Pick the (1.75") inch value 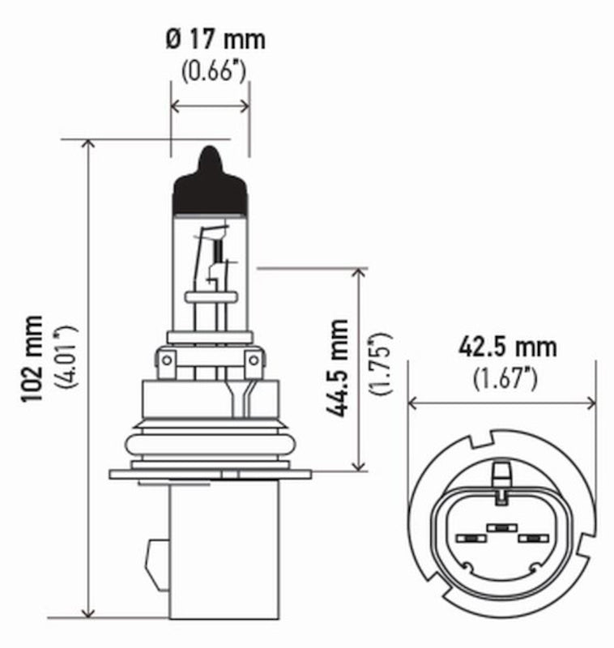point(379,364)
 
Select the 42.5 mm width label point(507,347)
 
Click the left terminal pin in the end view point(467,538)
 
